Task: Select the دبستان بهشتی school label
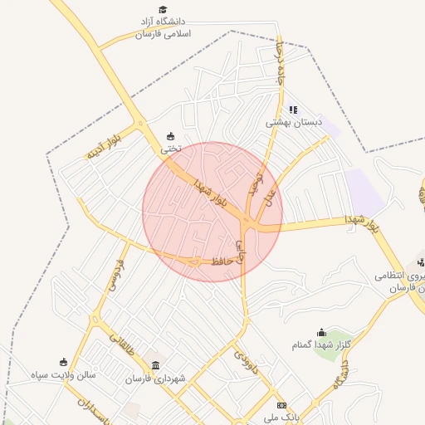(x=293, y=122)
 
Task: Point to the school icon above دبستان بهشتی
(x=293, y=109)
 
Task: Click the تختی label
(x=170, y=149)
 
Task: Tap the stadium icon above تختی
(x=171, y=136)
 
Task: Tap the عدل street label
(x=269, y=197)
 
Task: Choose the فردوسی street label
(x=113, y=274)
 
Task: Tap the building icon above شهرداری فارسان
(x=156, y=364)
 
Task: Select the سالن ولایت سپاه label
(x=65, y=374)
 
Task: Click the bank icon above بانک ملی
(x=281, y=404)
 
